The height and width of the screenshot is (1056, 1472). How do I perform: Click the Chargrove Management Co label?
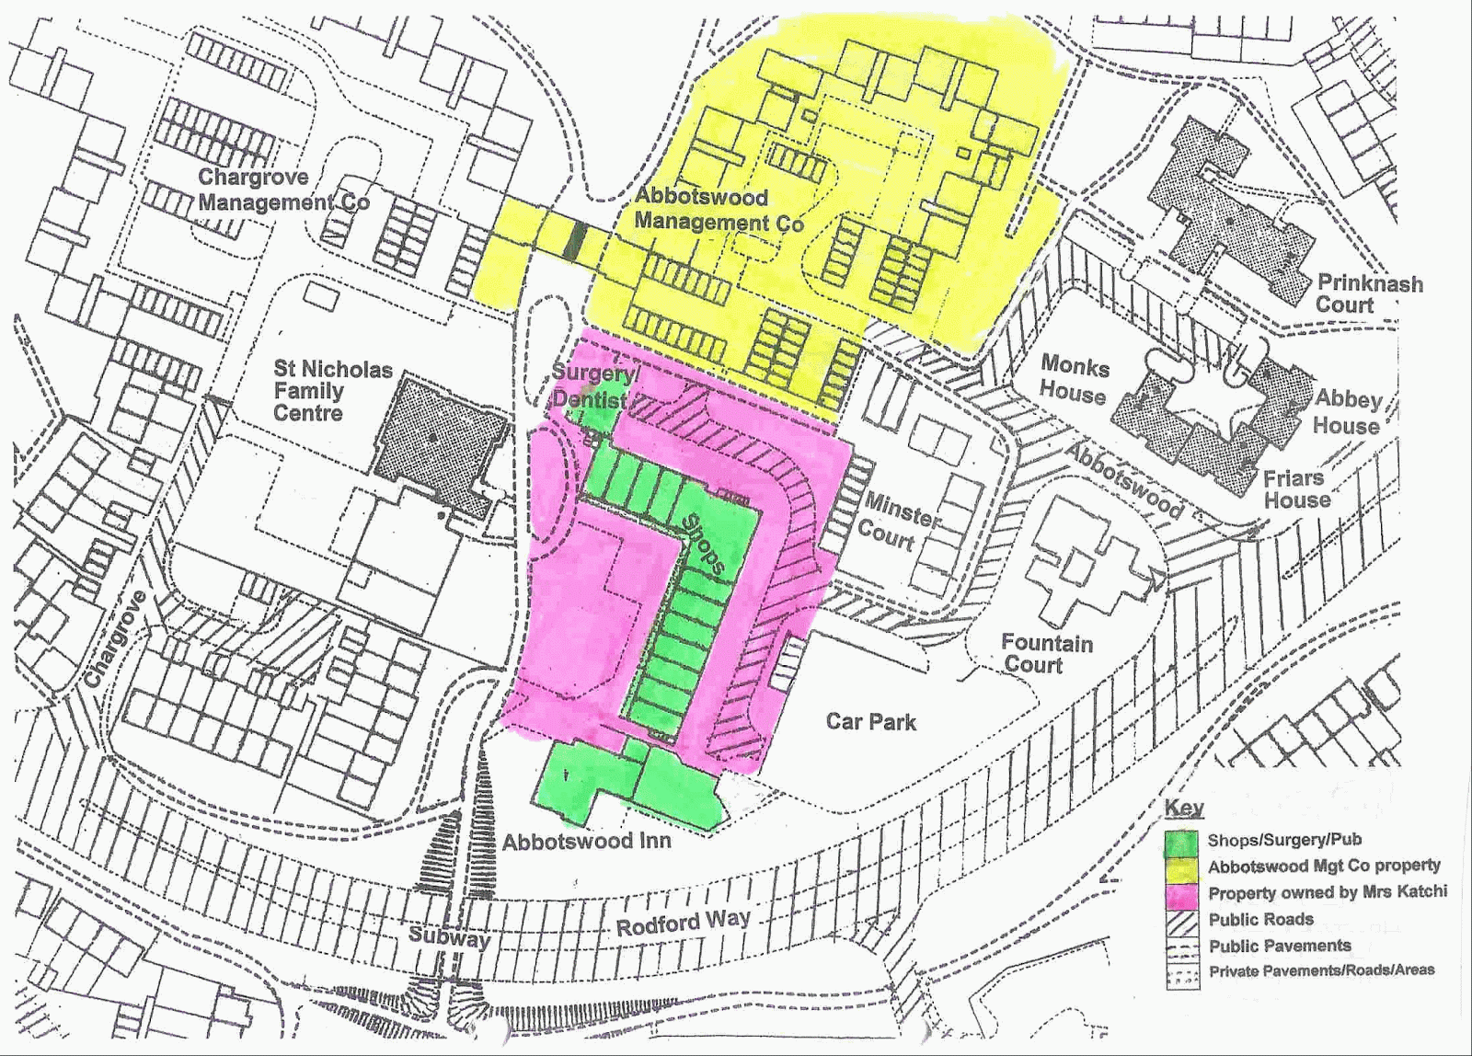pos(283,189)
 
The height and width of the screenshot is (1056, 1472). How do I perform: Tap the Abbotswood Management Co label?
pos(718,210)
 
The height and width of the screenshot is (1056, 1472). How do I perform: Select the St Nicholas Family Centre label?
pos(332,391)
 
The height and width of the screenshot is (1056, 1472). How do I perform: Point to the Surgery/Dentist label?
pos(593,386)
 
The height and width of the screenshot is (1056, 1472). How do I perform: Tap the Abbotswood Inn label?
pos(586,841)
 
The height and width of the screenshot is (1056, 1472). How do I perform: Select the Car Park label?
pos(870,721)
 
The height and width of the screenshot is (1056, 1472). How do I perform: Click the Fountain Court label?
pos(1046,653)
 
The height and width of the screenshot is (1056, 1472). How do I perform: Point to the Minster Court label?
pos(900,521)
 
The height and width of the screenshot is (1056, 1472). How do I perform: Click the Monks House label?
pos(1075,380)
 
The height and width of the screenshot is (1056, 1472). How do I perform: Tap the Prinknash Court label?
pos(1369,293)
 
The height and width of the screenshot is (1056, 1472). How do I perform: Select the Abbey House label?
pos(1348,411)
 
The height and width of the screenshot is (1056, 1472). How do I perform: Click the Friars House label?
pos(1294,489)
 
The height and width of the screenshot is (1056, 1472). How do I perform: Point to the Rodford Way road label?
pos(683,922)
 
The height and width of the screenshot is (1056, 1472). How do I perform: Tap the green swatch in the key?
pos(1181,842)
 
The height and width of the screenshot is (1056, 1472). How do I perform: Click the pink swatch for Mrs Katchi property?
pos(1181,893)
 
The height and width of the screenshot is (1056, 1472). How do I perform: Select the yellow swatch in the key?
pos(1181,867)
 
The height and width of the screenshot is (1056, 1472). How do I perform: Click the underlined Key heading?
pos(1183,808)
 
